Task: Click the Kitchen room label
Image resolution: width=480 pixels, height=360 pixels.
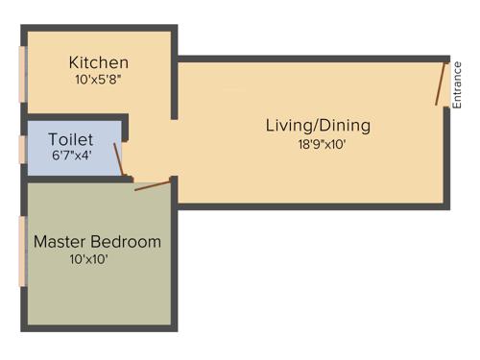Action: coord(98,62)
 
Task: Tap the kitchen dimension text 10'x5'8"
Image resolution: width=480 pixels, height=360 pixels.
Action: coord(98,82)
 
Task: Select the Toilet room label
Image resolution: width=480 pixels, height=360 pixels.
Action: coord(71,139)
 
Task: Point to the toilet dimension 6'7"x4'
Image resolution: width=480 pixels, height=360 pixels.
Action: coord(71,156)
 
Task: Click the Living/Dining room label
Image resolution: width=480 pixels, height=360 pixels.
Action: coord(318,126)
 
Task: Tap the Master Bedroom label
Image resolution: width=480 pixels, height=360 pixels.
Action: coord(97,242)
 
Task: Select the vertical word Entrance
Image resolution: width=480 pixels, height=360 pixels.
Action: coord(458,84)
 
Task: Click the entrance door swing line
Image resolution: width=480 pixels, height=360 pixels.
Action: coord(441,84)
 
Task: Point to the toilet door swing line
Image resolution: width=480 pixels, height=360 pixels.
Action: coord(119,159)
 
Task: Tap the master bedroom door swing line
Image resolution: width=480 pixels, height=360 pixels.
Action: coord(153,183)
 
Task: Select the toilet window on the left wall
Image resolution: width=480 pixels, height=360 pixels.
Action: coord(23,150)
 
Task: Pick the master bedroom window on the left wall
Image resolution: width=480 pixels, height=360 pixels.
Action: coord(23,252)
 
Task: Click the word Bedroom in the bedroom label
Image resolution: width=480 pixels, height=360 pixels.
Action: coord(127,242)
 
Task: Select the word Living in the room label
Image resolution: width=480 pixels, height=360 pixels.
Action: coord(289,126)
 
